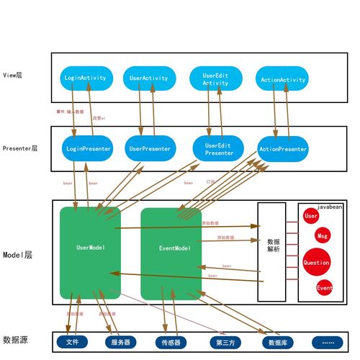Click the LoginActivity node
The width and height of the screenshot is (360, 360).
pos(85,78)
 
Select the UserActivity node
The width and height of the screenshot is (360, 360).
pos(149,78)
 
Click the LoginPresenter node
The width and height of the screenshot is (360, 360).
pos(88,149)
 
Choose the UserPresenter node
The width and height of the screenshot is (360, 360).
pos(150,149)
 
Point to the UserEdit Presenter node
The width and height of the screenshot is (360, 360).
pos(215,149)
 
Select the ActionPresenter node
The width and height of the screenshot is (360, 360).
pos(282,149)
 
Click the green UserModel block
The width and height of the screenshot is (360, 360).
pos(90,248)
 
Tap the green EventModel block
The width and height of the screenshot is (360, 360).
pos(174,248)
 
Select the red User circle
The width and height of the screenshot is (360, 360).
pos(311,216)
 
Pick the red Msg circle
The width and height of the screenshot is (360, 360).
pos(323,236)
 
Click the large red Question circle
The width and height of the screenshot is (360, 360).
pos(316,263)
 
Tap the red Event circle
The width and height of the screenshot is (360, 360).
pos(325,287)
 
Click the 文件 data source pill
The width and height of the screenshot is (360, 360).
pos(72,341)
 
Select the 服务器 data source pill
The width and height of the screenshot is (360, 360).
pos(120,342)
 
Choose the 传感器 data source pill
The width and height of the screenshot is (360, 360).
pos(172,342)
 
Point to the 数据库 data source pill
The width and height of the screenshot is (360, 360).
pos(274,342)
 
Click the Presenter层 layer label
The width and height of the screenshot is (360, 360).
pos(20,148)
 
